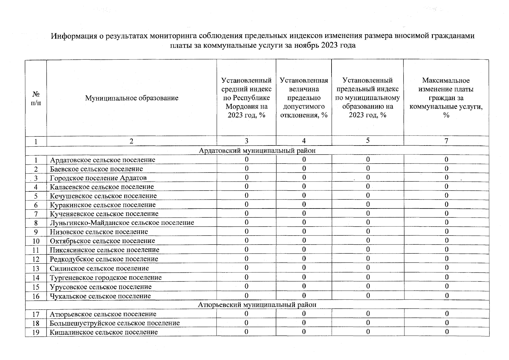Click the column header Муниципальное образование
(x=131, y=98)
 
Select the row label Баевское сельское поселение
(x=96, y=169)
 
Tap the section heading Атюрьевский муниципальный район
(x=257, y=305)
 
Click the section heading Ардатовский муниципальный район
(x=257, y=150)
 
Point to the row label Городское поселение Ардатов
(x=98, y=178)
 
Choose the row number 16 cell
(x=36, y=296)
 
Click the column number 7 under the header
(x=446, y=141)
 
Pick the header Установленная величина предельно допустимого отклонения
(x=304, y=98)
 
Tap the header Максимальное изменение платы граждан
(x=446, y=98)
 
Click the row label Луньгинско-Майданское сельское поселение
(x=122, y=223)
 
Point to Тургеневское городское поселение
(x=106, y=277)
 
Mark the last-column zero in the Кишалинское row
(x=447, y=332)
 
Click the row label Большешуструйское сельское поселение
(x=115, y=323)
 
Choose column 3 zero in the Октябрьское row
(x=246, y=241)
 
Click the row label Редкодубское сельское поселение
(x=104, y=259)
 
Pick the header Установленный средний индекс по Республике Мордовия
(x=246, y=98)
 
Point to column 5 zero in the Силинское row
(x=368, y=268)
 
